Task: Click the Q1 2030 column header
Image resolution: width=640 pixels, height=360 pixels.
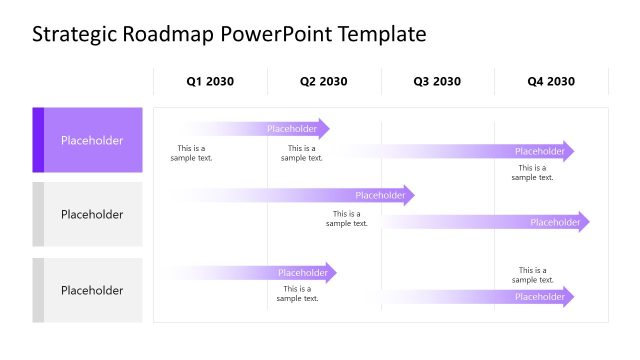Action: point(210,82)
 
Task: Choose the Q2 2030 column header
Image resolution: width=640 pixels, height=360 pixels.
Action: point(324,82)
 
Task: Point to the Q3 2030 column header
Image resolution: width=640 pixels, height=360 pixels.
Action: point(437,82)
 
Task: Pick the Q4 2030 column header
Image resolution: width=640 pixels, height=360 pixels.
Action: point(551,82)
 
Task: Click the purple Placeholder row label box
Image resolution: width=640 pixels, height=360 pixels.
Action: point(92,140)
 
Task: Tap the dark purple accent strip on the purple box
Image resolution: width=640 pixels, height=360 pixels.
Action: point(38,140)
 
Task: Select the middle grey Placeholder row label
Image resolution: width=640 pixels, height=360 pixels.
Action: point(92,214)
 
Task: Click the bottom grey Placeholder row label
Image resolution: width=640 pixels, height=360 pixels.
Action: point(92,290)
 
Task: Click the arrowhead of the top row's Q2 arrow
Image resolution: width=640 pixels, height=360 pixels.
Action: point(324,128)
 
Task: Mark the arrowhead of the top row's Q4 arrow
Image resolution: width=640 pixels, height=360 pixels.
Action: point(570,151)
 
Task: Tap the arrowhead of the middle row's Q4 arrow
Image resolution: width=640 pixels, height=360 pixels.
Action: point(585,222)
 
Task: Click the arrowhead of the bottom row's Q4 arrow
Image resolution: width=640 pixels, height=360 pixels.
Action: point(570,296)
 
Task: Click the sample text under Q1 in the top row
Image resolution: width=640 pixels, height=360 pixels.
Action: point(191,153)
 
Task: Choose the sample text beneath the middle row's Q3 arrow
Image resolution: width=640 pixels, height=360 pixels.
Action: point(347,218)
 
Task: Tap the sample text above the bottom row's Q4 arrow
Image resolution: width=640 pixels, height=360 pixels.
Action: point(533,275)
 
